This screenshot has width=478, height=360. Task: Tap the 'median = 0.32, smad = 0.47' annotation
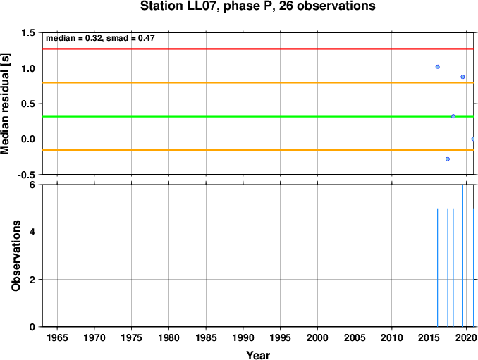(x=100, y=38)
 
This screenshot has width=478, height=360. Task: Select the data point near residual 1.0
(x=437, y=67)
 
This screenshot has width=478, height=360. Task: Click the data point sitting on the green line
(x=453, y=116)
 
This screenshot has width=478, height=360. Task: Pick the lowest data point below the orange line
(x=448, y=159)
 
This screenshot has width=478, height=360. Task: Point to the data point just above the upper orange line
(x=462, y=77)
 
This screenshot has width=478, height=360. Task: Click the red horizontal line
(x=258, y=49)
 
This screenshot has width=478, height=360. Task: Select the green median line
(x=258, y=116)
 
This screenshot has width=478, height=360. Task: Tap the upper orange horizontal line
(x=258, y=82)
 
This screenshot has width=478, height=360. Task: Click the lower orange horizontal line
(x=258, y=150)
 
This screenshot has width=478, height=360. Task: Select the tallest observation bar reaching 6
(x=462, y=256)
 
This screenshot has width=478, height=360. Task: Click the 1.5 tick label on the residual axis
(x=28, y=33)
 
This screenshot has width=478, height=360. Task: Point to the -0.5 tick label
(x=26, y=175)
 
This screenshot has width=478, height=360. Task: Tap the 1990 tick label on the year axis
(x=243, y=337)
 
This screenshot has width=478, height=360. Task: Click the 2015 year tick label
(x=429, y=337)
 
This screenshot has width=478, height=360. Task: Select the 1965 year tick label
(x=57, y=337)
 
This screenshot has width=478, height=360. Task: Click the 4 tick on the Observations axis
(x=32, y=232)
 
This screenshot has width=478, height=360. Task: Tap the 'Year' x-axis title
(x=258, y=355)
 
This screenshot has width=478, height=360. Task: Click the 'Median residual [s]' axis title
(x=5, y=104)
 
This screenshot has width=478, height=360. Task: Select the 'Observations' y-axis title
(x=16, y=256)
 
